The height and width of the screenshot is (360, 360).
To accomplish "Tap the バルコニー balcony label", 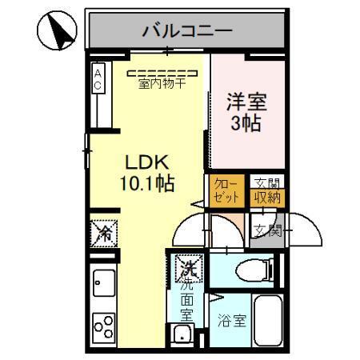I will pos(187,31).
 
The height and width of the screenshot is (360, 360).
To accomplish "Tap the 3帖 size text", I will pos(246,124).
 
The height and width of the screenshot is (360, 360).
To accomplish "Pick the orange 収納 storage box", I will pos(267,198).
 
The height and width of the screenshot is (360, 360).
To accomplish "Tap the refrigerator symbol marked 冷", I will pos(104,233).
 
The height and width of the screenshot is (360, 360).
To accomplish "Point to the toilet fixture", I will pos(248,270).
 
